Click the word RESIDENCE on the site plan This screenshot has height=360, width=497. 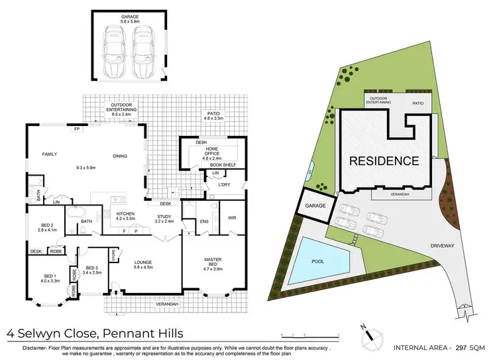[384, 160]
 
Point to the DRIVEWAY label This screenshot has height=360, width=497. [460, 245]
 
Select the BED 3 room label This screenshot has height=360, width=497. [93, 268]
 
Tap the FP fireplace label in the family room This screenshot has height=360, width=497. [78, 129]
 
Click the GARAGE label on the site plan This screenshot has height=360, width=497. [316, 206]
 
